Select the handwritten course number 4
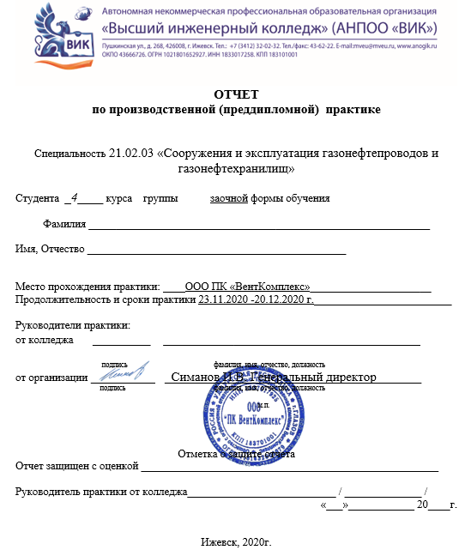click(75, 197)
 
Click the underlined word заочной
click(229, 198)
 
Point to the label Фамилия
click(64, 225)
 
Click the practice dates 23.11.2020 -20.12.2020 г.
click(256, 299)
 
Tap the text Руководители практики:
click(73, 325)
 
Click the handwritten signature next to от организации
click(123, 376)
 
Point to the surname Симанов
click(196, 377)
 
